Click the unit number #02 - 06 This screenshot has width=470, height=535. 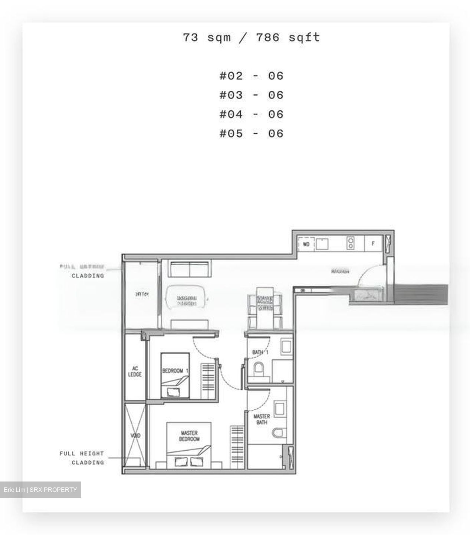251,76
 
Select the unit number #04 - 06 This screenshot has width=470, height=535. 251,114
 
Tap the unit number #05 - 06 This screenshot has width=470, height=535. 251,133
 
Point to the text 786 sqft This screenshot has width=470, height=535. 287,37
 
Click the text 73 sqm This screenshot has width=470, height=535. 207,37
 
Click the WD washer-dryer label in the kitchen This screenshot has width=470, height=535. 306,244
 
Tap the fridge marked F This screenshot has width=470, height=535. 373,244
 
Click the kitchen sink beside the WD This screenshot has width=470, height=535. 322,244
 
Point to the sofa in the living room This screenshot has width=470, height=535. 190,268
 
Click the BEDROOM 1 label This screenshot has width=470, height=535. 175,371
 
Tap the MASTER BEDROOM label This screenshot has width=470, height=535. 189,436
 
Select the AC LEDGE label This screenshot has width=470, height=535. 135,372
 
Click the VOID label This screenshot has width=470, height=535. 135,435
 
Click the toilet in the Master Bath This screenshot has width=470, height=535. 279,433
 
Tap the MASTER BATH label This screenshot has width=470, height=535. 262,419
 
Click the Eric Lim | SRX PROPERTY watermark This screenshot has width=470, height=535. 40,490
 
